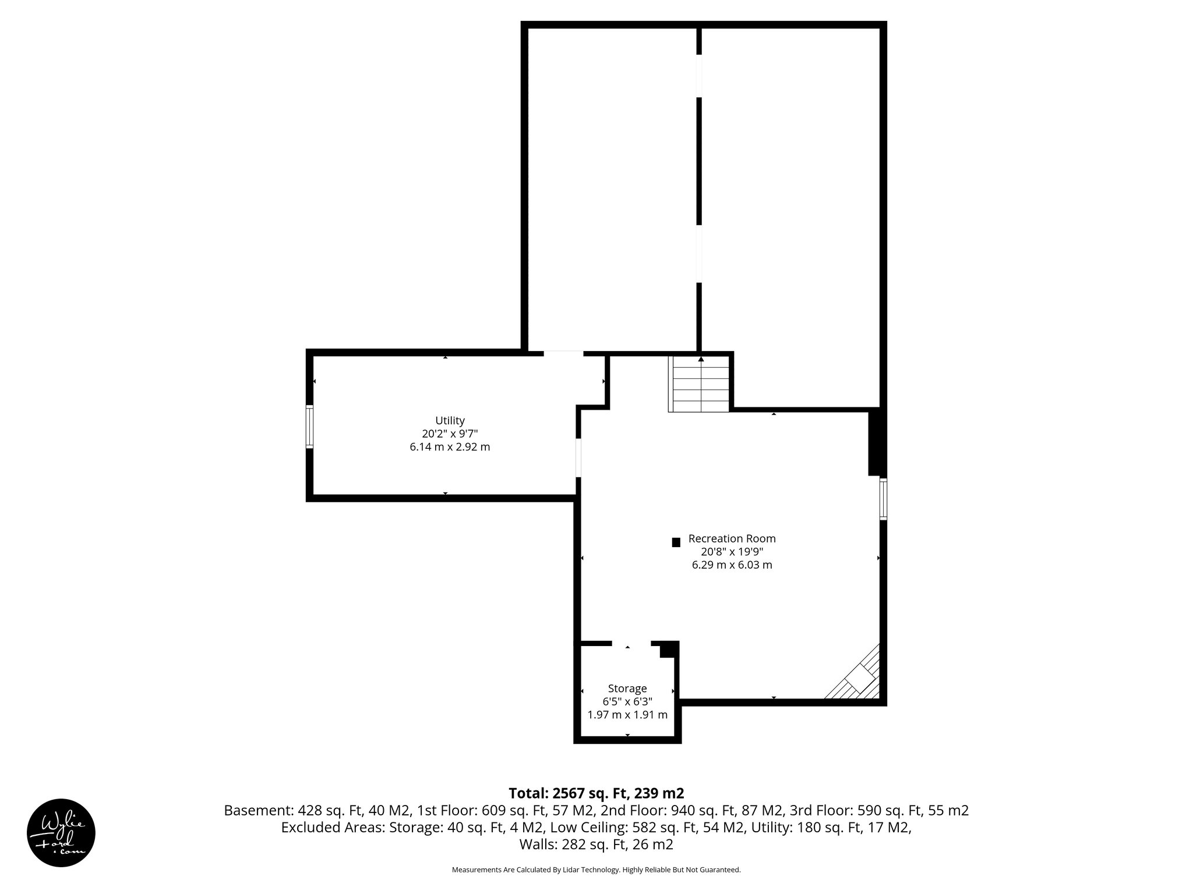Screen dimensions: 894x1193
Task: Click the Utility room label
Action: point(450,420)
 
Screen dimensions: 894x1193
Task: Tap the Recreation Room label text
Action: point(732,538)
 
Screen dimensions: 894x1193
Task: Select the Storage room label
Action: point(627,688)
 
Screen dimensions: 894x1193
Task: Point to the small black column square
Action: point(676,542)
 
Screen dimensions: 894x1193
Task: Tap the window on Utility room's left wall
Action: point(310,427)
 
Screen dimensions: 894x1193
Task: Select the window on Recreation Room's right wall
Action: point(883,498)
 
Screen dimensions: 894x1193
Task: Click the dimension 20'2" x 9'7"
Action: point(450,434)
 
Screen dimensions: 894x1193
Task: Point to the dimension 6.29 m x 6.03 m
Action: point(732,565)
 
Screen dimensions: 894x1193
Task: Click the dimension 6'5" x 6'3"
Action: point(627,701)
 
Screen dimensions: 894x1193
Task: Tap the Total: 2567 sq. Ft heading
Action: point(596,793)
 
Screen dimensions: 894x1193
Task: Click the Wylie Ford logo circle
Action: point(61,832)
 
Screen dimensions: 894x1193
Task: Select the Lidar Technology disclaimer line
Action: point(596,870)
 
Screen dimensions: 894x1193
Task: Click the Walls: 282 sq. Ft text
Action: point(596,844)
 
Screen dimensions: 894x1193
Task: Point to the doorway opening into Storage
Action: point(631,643)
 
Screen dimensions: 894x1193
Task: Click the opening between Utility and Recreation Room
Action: point(578,457)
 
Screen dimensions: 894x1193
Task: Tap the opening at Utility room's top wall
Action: point(563,353)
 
